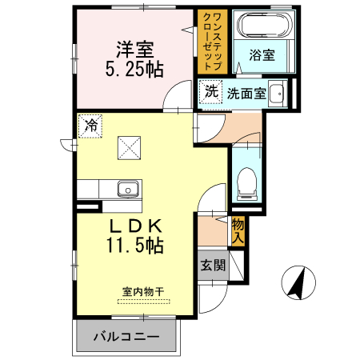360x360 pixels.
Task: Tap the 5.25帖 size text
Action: coord(135,69)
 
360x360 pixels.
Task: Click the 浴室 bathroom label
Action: coord(261,55)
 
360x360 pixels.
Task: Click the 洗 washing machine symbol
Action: coord(210,91)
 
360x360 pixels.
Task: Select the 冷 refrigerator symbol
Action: coord(90,126)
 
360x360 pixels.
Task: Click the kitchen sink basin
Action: coord(128,190)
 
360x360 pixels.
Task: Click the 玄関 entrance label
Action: coord(213,266)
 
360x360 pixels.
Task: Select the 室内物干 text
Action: coord(142,291)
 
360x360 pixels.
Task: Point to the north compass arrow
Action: coord(298,282)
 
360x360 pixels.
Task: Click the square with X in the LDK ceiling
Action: coord(129,147)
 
